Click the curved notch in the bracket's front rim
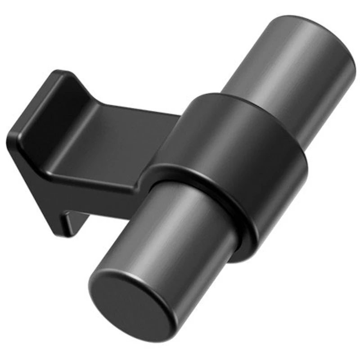(x=144, y=180)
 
